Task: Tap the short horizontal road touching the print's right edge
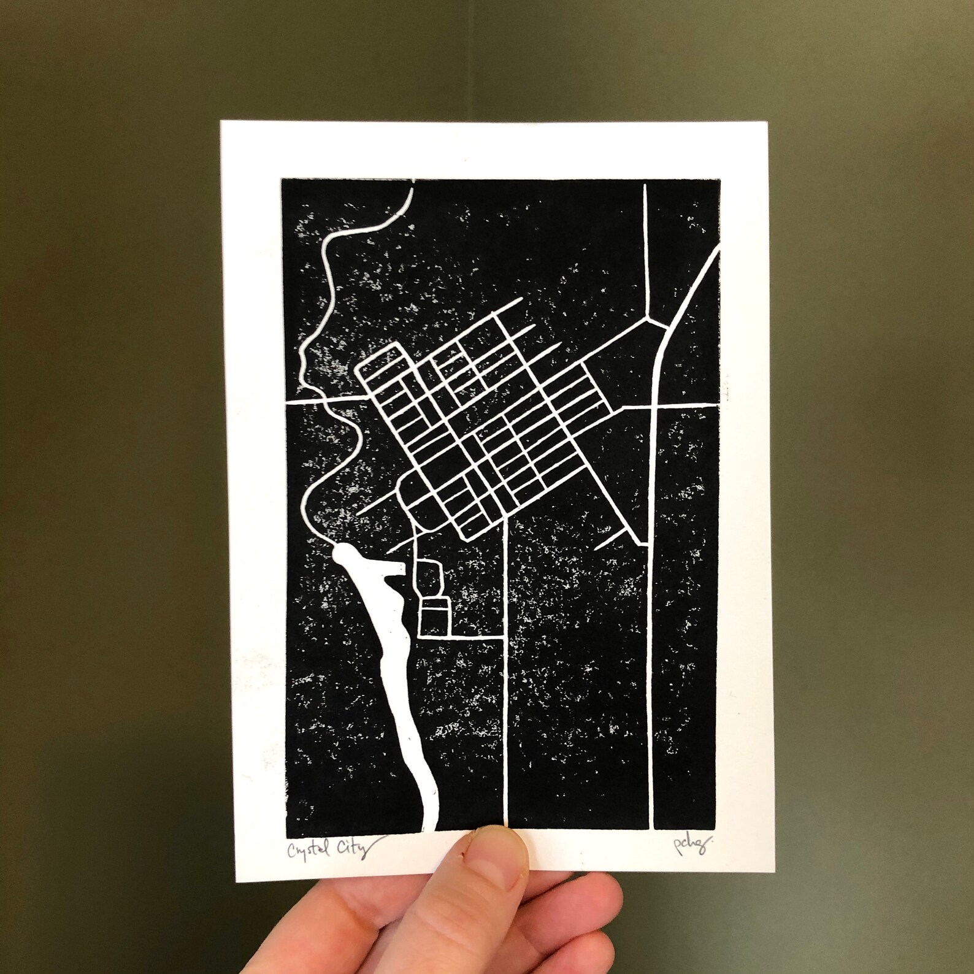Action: point(687,405)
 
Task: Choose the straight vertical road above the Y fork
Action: point(645,245)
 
